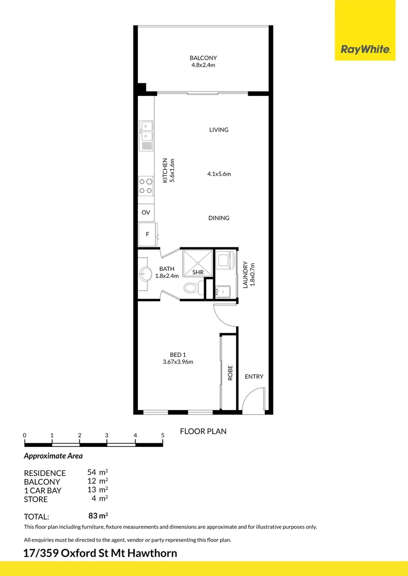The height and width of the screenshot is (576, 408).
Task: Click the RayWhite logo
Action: point(365,50)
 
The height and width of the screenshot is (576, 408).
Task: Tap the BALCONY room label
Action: point(203,58)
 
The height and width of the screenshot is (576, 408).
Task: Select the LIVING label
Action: point(219,130)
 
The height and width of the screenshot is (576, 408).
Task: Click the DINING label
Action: point(219,218)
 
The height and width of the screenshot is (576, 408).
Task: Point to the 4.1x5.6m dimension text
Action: point(219,174)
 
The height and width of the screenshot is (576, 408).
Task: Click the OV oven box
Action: point(146,212)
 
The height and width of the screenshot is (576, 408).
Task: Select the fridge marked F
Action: point(147,234)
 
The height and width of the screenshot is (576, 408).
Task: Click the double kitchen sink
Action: point(146,131)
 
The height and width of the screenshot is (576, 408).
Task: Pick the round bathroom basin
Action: point(145,275)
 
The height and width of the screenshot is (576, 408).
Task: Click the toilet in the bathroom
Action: point(191,289)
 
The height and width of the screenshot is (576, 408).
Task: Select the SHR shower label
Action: point(198,273)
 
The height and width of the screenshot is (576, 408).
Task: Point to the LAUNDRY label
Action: point(246,274)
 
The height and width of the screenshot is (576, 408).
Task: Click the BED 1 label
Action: point(177,355)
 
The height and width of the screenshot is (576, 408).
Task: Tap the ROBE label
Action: point(230,372)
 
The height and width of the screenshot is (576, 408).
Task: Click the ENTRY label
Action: point(254,377)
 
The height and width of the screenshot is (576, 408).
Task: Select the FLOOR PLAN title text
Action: point(203,431)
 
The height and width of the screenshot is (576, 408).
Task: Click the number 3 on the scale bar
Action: point(107,435)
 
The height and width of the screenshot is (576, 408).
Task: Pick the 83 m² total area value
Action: point(98,516)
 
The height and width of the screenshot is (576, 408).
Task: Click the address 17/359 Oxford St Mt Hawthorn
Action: point(100,553)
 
